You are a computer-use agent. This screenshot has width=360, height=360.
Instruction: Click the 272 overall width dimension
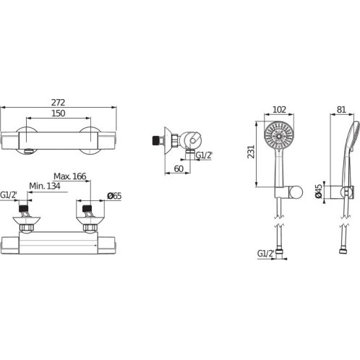click(58, 103)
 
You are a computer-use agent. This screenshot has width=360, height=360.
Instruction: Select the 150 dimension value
click(59, 113)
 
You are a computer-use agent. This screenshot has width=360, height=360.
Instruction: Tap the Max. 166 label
click(69, 176)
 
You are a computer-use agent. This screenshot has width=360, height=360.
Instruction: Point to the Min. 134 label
click(45, 186)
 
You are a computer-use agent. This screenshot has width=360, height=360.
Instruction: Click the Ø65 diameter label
click(114, 196)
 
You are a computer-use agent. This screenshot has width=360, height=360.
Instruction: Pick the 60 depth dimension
click(179, 168)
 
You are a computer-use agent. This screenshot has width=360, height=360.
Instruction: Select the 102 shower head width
click(279, 110)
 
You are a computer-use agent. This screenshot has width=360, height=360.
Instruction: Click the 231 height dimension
click(251, 152)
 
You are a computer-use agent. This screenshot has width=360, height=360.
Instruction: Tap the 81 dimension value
click(341, 110)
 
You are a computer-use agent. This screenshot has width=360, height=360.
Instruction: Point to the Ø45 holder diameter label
click(319, 191)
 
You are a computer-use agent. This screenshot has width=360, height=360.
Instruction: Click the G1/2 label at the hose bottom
click(266, 254)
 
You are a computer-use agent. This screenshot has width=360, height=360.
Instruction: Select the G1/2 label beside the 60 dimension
click(204, 155)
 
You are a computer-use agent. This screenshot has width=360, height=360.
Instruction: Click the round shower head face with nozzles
click(279, 136)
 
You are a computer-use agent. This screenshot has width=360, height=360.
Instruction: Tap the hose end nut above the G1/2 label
click(279, 252)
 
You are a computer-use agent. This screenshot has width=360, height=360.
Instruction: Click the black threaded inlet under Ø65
click(87, 208)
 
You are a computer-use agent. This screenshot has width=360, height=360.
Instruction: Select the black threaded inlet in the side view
click(158, 140)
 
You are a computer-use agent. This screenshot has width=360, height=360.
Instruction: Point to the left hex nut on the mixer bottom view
click(27, 227)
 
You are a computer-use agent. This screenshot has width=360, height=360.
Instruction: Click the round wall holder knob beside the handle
click(296, 192)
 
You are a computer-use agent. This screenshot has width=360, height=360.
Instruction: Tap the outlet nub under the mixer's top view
click(28, 151)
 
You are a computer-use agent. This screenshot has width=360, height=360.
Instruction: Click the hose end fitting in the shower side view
click(343, 252)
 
